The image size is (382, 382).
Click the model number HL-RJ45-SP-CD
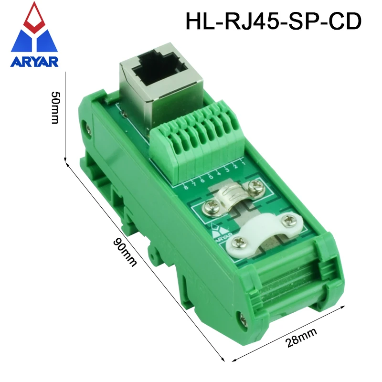273,21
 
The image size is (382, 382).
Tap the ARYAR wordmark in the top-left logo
34,62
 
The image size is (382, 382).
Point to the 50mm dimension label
55,108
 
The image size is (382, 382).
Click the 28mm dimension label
301,338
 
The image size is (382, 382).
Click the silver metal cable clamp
234,197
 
